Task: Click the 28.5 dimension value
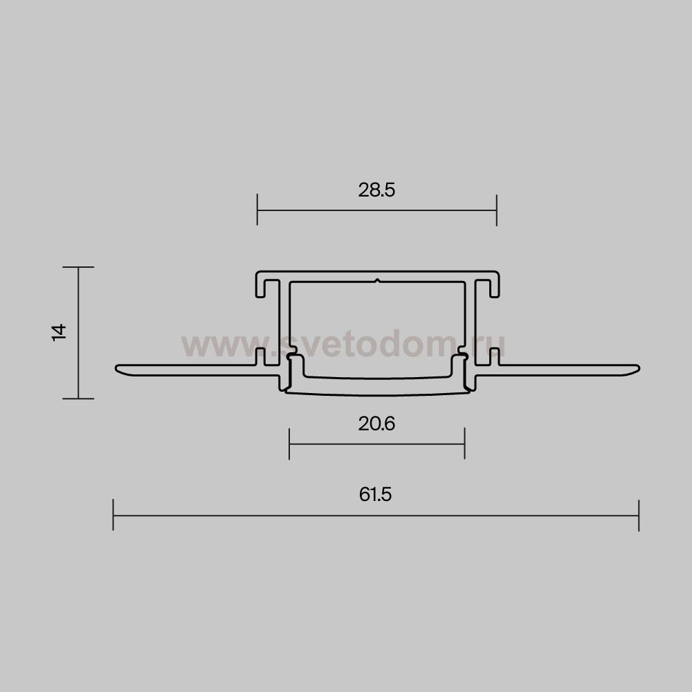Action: click(x=376, y=190)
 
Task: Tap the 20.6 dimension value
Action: click(x=376, y=424)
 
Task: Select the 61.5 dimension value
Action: click(x=375, y=494)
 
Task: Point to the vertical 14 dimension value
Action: click(x=59, y=332)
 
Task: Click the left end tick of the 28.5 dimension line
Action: click(x=257, y=210)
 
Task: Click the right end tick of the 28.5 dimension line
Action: click(x=496, y=210)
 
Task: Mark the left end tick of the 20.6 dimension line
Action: click(x=289, y=444)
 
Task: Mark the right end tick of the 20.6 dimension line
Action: click(x=464, y=444)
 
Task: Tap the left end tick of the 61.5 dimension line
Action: click(x=113, y=515)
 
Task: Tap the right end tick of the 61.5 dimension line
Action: click(x=639, y=516)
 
